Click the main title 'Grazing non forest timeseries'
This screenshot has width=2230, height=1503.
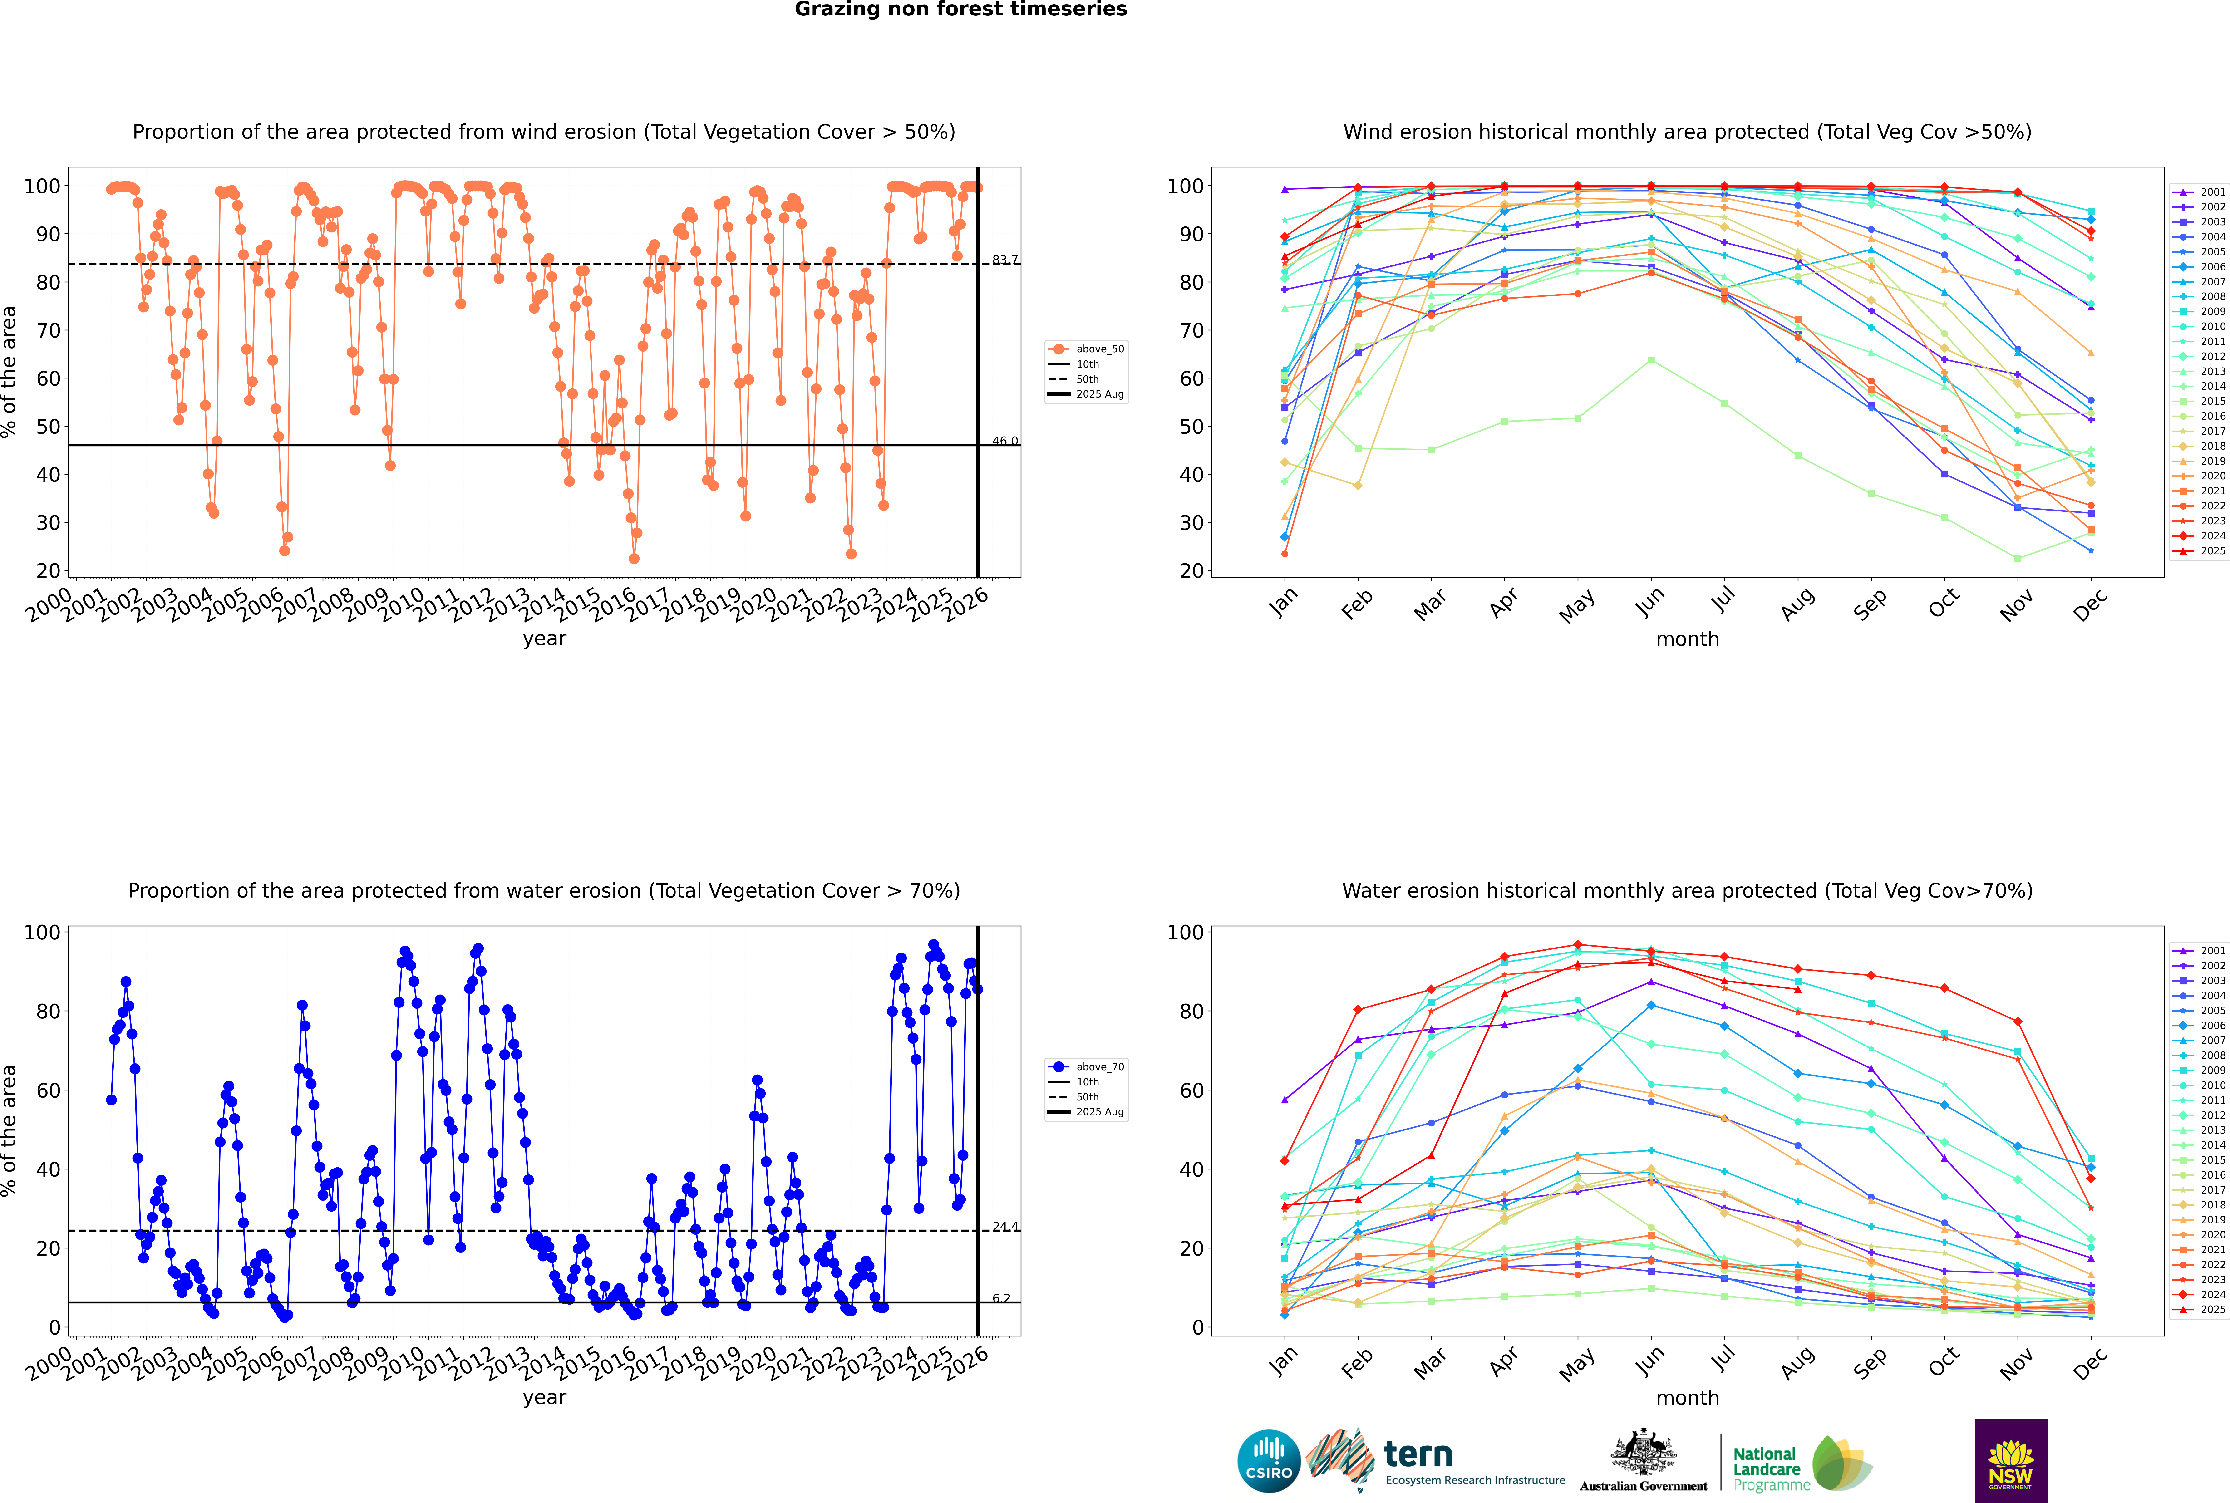click(x=961, y=10)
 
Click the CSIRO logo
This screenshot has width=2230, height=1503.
click(x=1268, y=1461)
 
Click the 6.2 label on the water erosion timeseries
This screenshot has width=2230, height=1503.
click(x=1001, y=1298)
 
